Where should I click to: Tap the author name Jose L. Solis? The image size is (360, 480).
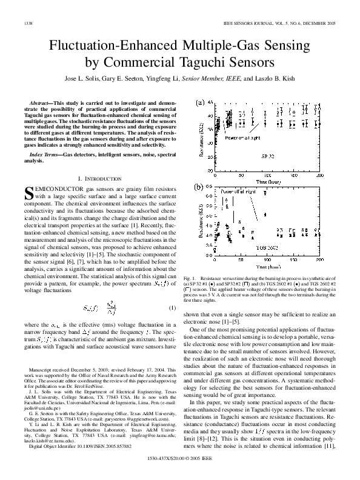(x=84, y=78)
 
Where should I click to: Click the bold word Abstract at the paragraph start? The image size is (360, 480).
(x=42, y=105)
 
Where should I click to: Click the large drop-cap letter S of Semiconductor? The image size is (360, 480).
(x=28, y=193)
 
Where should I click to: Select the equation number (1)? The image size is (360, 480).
(x=173, y=292)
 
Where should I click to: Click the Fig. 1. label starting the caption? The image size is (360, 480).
(x=188, y=276)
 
